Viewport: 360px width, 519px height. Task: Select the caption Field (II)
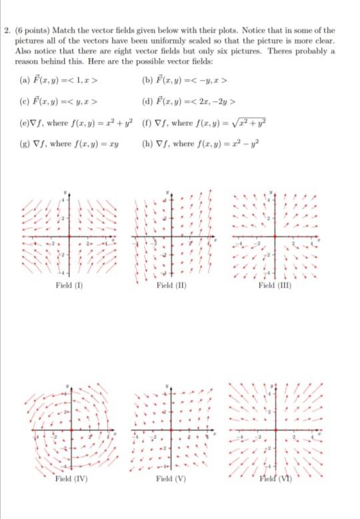click(x=171, y=286)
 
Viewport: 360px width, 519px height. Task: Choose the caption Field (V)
click(x=171, y=478)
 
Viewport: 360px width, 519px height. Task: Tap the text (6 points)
click(x=29, y=31)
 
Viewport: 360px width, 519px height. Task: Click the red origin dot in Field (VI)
click(x=275, y=429)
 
